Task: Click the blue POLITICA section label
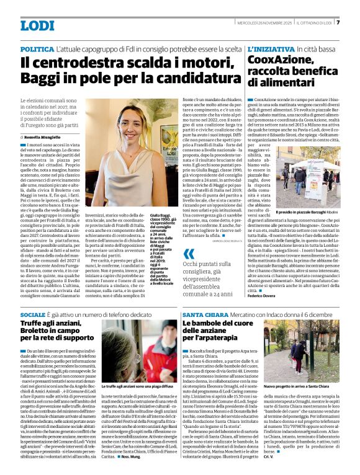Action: (37, 48)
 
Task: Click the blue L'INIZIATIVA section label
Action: (271, 48)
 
